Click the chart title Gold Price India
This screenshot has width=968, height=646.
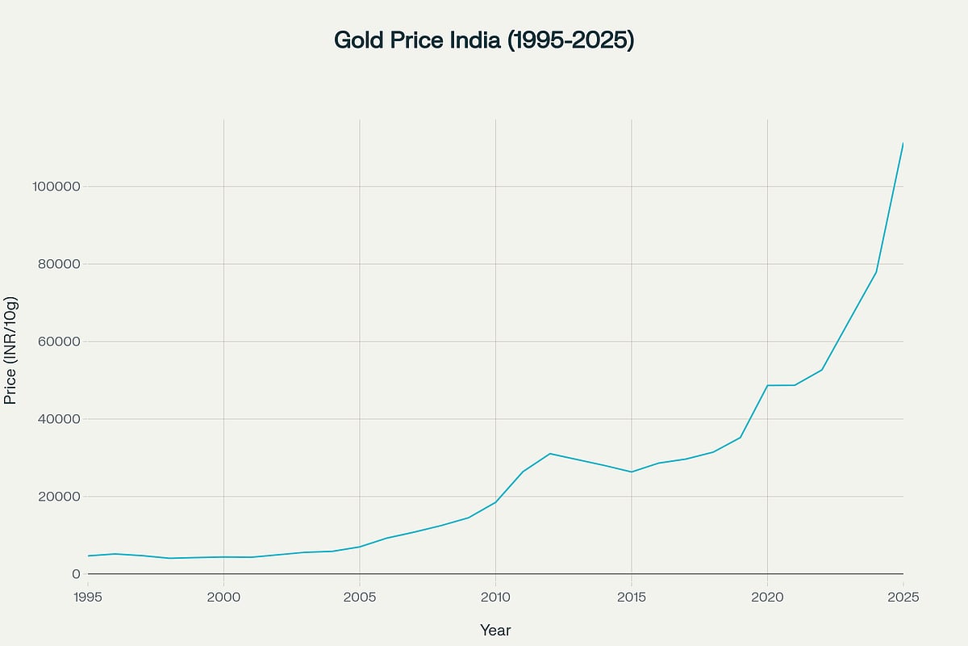point(484,40)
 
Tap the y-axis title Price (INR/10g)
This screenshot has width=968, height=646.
point(11,350)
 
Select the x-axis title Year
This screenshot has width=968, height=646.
point(495,630)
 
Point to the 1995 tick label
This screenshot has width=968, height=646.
point(88,598)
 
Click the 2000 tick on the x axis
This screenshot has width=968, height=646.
point(223,598)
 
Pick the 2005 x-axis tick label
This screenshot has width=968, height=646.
point(360,598)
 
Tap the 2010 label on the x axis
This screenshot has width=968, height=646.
point(495,598)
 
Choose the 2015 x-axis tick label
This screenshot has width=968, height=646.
point(632,598)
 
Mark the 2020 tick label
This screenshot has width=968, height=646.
point(767,598)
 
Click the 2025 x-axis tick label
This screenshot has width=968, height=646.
point(903,598)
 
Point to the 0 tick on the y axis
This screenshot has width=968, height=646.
point(76,574)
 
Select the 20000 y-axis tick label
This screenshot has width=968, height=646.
point(59,497)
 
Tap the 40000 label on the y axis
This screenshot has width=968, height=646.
point(59,419)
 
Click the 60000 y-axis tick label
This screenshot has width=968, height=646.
point(59,342)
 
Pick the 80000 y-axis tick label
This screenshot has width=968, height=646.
point(59,264)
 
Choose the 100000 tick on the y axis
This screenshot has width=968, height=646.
point(56,187)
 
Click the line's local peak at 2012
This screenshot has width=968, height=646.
point(549,453)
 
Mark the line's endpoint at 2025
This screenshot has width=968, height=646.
point(903,143)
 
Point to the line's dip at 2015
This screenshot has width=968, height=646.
point(632,472)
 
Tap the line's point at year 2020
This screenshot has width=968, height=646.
point(767,385)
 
